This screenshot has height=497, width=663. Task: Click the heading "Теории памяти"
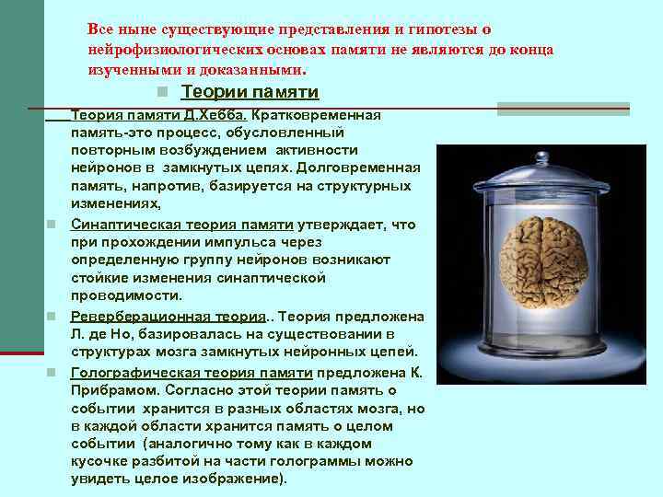(250, 92)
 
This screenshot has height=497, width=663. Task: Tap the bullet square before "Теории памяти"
(162, 93)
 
